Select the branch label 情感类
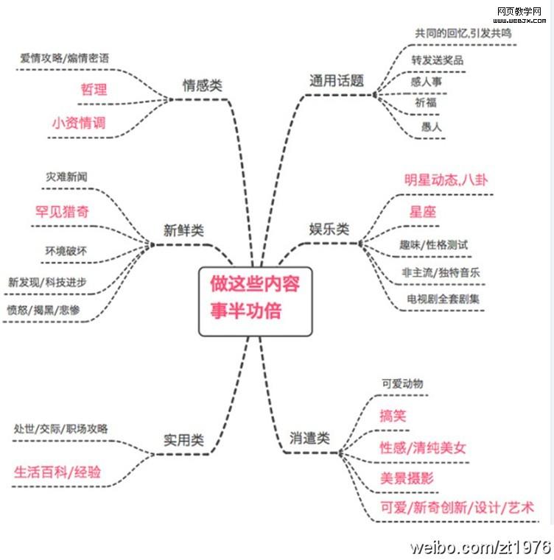tap(202, 85)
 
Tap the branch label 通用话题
tap(337, 82)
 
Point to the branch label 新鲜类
tap(183, 230)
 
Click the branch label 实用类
tap(183, 441)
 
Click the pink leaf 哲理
tap(94, 90)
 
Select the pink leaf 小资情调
tap(78, 123)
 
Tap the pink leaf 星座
tap(423, 213)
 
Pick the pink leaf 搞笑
tap(393, 415)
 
